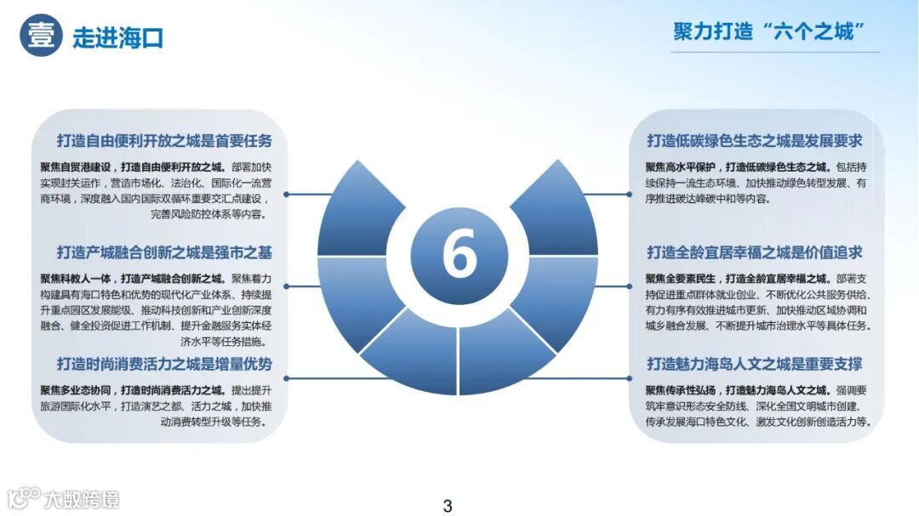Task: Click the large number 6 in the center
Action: pos(459,254)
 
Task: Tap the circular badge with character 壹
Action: pos(42,36)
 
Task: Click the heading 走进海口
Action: pos(117,37)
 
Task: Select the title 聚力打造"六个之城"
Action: pos(768,32)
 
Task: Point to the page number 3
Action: pos(448,506)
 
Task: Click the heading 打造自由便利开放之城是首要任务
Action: pos(164,141)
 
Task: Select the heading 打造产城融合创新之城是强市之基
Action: pos(164,252)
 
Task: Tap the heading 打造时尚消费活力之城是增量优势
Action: pos(164,364)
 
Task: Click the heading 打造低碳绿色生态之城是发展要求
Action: pos(754,141)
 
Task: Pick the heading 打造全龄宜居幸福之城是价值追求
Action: pos(754,252)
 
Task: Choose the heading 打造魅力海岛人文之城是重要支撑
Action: pos(754,364)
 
